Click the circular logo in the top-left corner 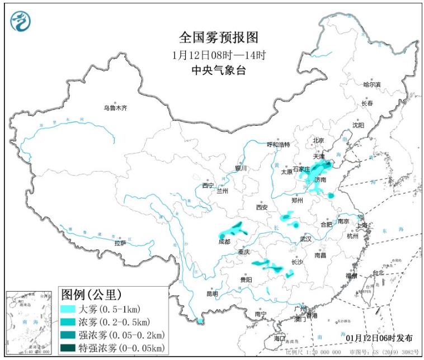pos(21,21)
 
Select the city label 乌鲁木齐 pos(115,108)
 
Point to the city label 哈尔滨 pos(371,84)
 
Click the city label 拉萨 pos(120,243)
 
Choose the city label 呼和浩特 pos(278,144)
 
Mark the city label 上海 pos(363,225)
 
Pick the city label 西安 pos(262,207)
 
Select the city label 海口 pos(280,339)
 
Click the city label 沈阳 pos(358,125)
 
